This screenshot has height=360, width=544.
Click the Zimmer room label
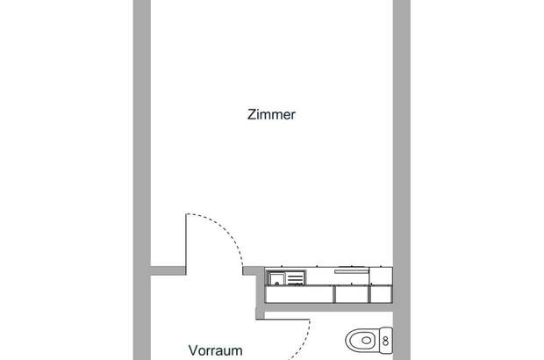[x=271, y=114]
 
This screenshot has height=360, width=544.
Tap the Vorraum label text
[x=215, y=350]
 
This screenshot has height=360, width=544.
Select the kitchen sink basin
[x=277, y=278]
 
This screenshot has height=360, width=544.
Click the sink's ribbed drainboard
[x=296, y=278]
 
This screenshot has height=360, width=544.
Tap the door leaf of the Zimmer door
[x=184, y=241]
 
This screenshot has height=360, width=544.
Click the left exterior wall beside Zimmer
[x=142, y=132]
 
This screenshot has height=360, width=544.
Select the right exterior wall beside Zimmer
[x=402, y=132]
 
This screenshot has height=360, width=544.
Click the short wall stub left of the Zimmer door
[x=167, y=268]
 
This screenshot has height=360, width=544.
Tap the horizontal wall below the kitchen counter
[x=329, y=307]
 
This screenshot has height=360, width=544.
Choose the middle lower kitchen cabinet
[x=352, y=294]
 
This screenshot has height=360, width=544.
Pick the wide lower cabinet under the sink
[x=299, y=294]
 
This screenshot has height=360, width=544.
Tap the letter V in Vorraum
[x=193, y=350]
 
